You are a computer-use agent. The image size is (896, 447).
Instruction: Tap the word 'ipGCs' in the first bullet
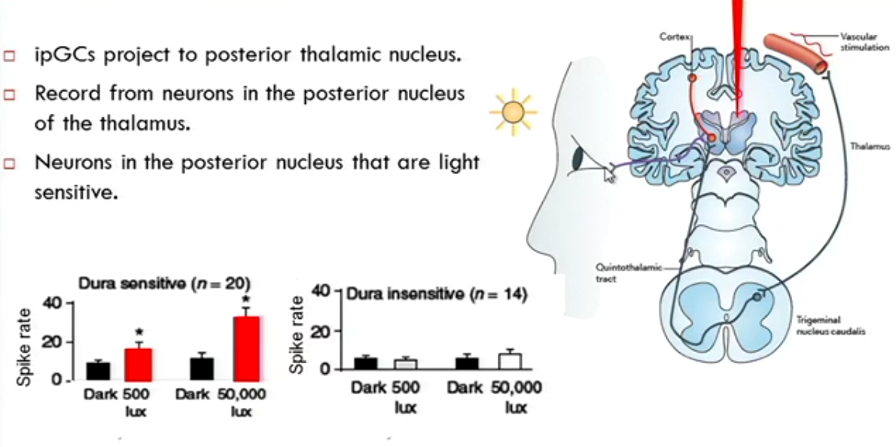[x=62, y=56]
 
